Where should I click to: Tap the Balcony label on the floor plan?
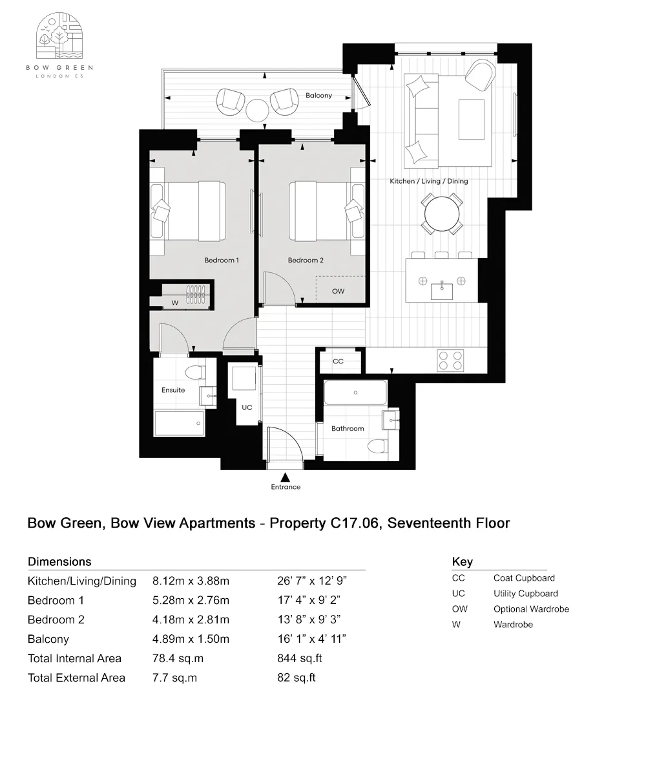tap(318, 96)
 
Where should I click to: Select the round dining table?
tap(443, 211)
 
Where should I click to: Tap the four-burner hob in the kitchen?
tap(450, 360)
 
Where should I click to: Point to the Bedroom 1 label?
tap(222, 261)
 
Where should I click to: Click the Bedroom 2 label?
tap(306, 261)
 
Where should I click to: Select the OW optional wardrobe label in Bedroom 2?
tap(338, 291)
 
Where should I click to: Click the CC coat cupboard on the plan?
tap(338, 361)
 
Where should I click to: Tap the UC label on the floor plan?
tap(247, 408)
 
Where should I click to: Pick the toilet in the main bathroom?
tap(376, 446)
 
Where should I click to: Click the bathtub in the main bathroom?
tap(355, 393)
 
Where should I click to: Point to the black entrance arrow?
tap(285, 477)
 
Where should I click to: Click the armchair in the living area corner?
tap(480, 75)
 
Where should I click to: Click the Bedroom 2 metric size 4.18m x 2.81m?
tap(191, 620)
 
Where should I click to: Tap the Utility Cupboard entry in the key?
tap(525, 594)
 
